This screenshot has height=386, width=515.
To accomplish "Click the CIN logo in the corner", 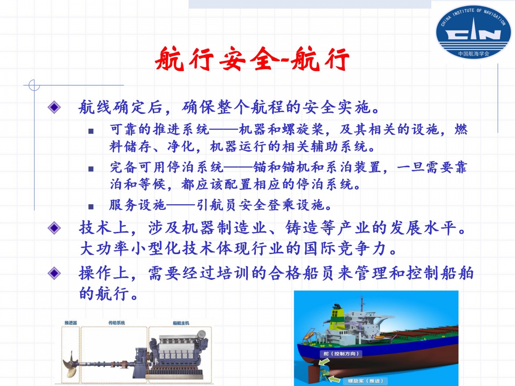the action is click(473, 32).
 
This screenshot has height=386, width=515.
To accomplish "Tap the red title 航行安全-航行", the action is click(252, 59).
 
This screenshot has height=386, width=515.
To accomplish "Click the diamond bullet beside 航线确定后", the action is click(54, 107).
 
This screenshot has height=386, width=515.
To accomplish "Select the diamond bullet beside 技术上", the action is click(54, 228).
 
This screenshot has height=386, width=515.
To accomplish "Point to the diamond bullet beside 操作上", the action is click(54, 273).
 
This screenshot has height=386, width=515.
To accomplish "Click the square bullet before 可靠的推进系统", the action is click(91, 131).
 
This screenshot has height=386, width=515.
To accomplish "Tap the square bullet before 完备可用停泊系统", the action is click(91, 169).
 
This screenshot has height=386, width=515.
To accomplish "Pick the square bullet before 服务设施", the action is click(91, 207).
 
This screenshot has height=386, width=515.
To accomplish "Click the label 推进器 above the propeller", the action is click(70, 323).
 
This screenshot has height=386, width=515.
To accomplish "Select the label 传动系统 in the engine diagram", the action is click(117, 323).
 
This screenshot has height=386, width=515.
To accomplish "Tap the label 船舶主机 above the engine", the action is click(181, 323).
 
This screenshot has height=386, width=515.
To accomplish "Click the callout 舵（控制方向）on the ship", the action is click(341, 354).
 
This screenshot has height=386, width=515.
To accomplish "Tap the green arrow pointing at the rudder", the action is click(324, 362).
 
